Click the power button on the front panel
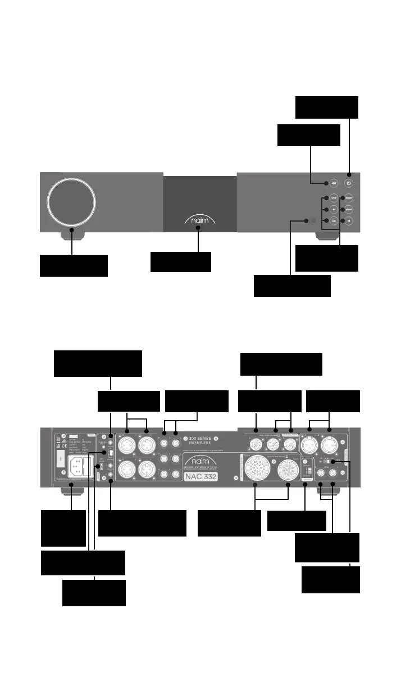click(349, 183)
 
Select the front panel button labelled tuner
click(334, 198)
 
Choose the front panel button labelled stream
click(349, 198)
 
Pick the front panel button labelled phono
click(349, 209)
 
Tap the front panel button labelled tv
click(334, 209)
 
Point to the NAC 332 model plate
click(200, 476)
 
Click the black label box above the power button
click(326, 107)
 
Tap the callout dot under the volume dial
click(72, 230)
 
